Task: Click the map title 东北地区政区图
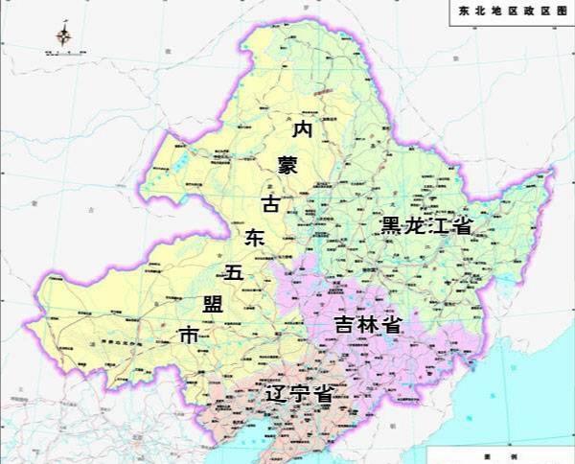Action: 514,12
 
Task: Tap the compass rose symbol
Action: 63,36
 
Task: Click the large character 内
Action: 303,128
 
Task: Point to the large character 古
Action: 273,203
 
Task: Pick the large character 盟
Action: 213,305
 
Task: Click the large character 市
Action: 190,337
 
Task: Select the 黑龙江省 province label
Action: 426,226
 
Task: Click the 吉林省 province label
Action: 367,324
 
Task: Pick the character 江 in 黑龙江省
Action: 439,226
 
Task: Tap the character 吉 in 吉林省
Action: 344,324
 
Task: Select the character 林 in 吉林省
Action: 367,324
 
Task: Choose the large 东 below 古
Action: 255,237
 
